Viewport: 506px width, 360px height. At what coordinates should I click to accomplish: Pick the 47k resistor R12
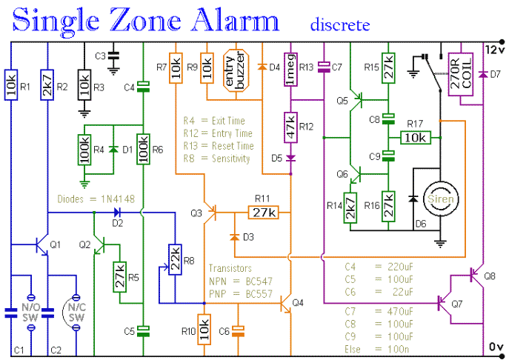pos(290,127)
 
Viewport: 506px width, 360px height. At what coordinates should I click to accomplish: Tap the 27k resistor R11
pos(262,213)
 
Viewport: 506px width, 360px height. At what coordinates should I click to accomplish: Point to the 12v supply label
pos(493,48)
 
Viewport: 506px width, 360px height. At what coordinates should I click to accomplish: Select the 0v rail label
pos(494,346)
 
